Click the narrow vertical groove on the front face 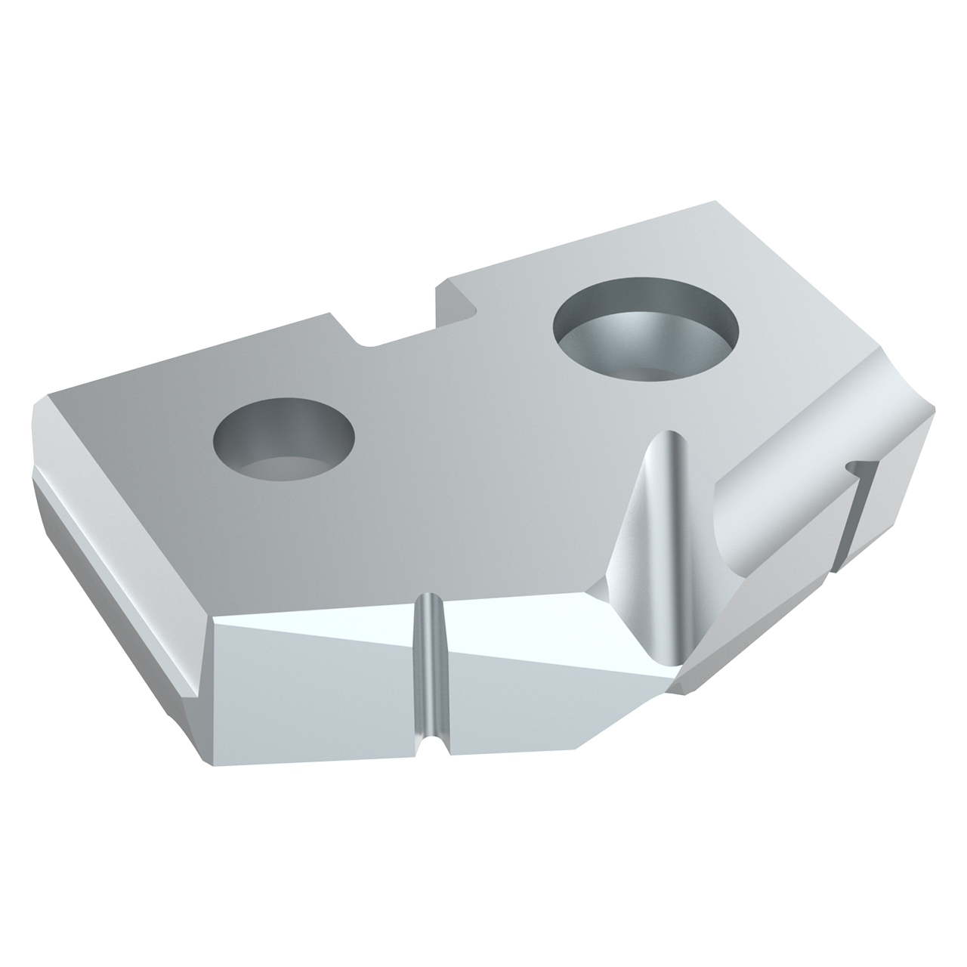point(430,665)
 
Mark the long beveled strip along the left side point(113,574)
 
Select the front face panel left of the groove point(310,680)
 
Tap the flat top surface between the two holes point(453,423)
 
